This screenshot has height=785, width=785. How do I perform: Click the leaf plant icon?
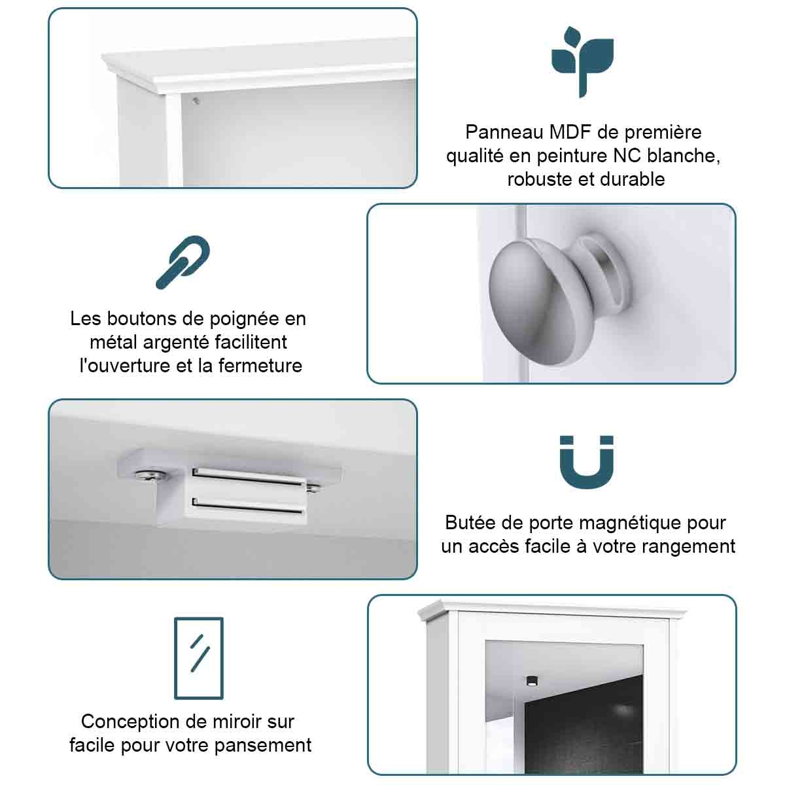583,61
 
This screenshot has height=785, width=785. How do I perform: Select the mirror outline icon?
199,659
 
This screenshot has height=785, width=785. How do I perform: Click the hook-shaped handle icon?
183,262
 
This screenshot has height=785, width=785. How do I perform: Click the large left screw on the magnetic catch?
150,475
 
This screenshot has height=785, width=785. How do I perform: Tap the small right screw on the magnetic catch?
313,487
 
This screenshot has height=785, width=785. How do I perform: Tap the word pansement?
263,746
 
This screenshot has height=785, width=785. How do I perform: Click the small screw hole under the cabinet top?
196,101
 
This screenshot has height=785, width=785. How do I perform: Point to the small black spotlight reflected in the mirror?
532,680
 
